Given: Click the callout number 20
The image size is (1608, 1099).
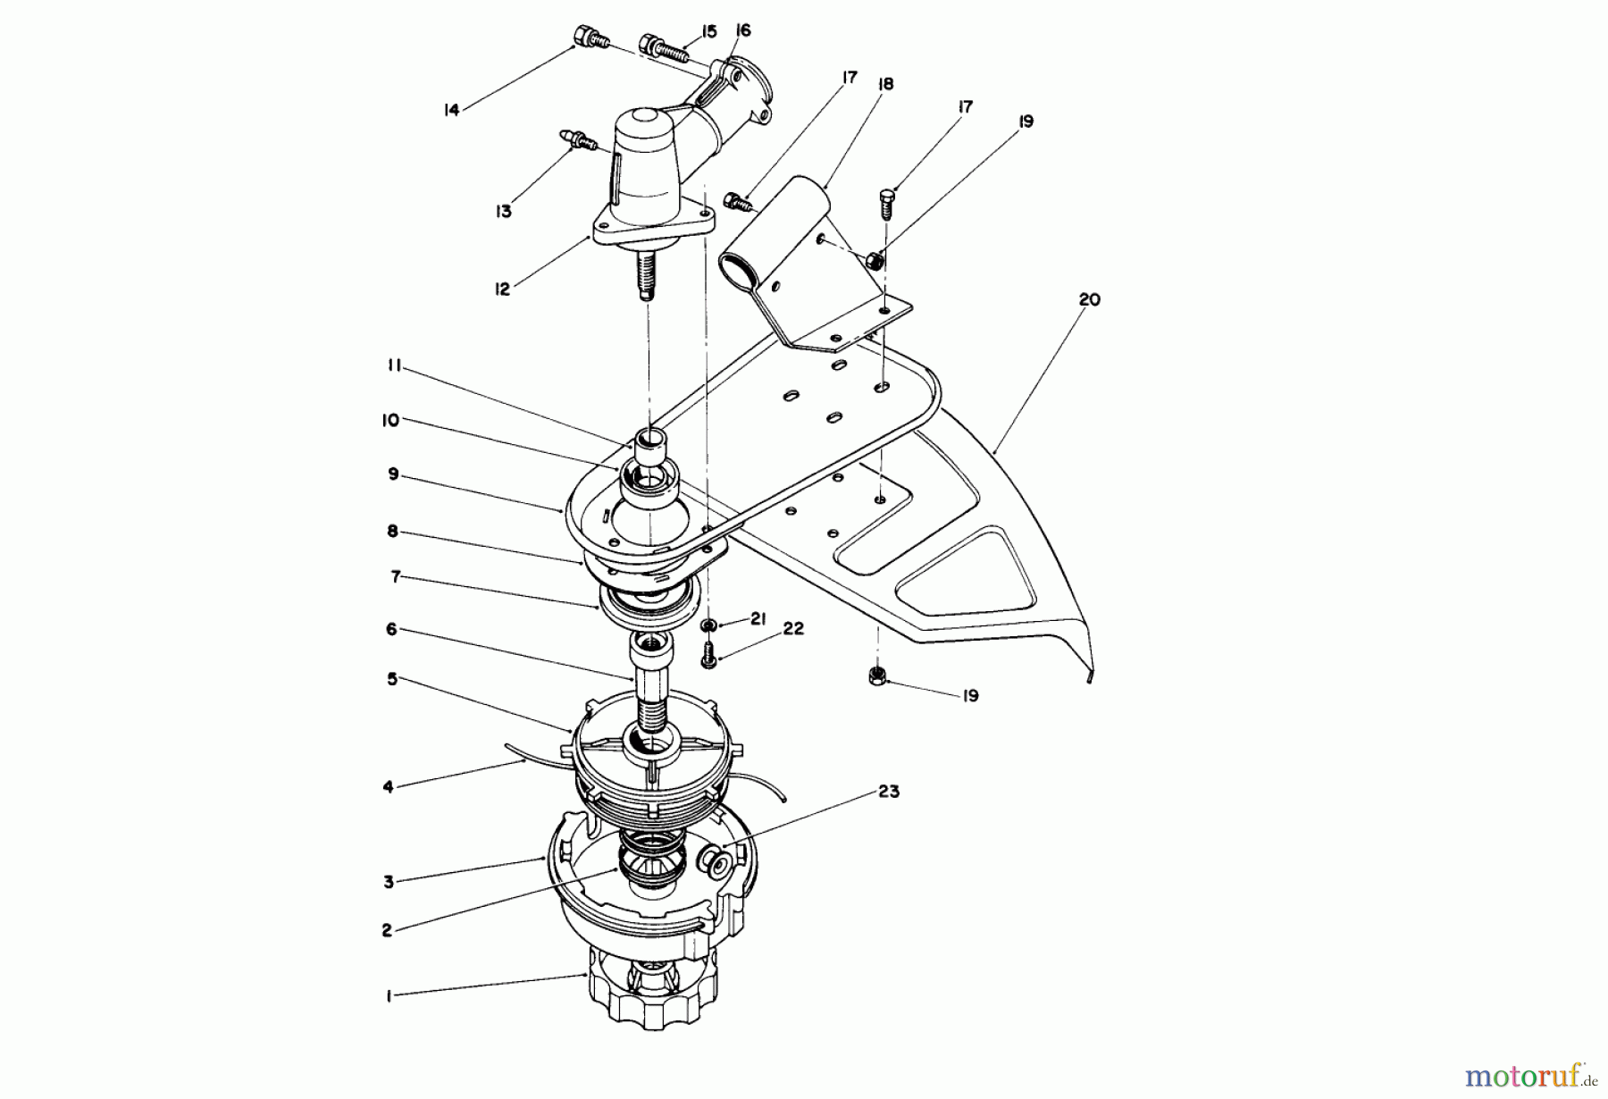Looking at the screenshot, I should pos(1089,300).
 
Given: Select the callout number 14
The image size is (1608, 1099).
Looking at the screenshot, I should pos(451,110).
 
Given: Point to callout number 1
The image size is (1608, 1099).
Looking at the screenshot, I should pos(389,996).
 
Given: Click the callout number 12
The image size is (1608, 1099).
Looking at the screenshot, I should pos(503,289).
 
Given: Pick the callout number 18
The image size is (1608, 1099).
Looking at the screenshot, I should pos(886,84).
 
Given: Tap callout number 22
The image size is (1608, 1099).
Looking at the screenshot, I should pos(793,629).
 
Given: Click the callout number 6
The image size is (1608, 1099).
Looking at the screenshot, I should pos(391,630).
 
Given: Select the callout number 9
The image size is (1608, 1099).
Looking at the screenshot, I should pos(393,474).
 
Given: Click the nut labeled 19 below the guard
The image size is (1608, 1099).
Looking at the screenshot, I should pos(876,676).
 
